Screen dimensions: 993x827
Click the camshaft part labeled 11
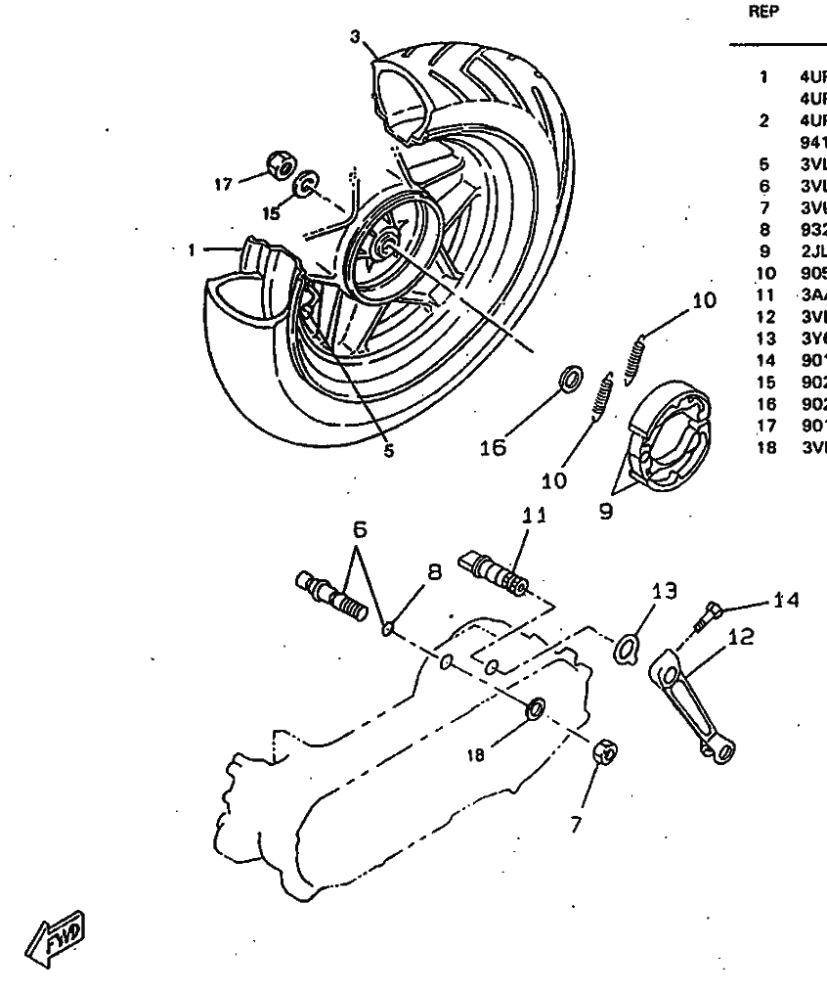[499, 572]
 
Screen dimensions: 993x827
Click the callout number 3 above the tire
[355, 36]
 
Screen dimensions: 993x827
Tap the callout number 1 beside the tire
[193, 249]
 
